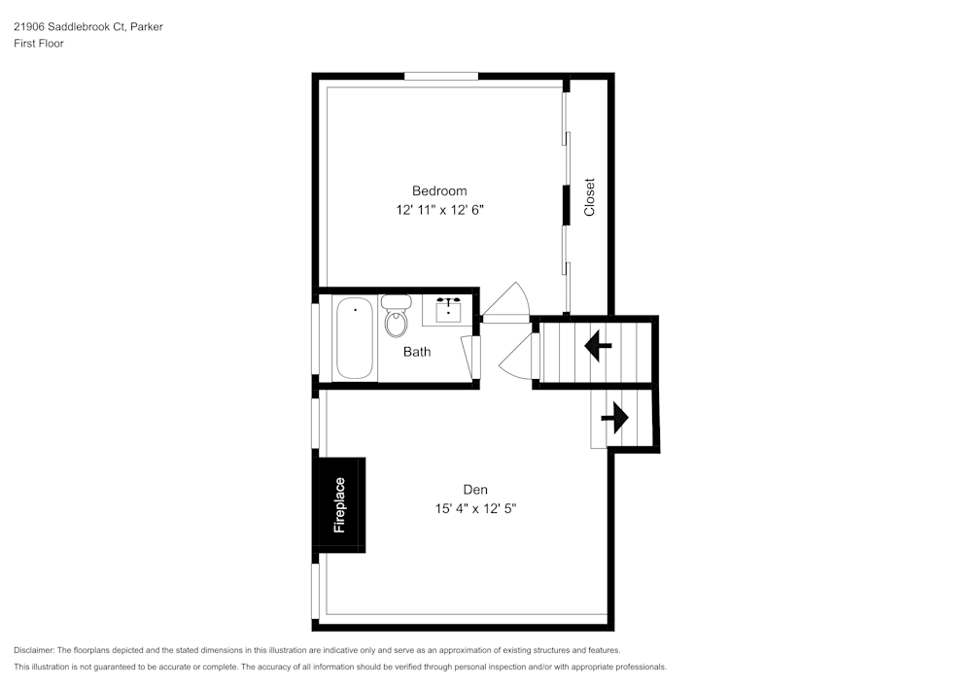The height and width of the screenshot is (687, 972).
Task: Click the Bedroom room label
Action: click(439, 190)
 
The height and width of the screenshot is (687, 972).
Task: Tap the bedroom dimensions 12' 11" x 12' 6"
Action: click(439, 210)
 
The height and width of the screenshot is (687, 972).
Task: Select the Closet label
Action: click(589, 197)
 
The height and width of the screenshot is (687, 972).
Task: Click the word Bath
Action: click(417, 352)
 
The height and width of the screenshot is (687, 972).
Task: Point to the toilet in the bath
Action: click(397, 316)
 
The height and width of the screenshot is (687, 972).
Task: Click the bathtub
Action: click(355, 337)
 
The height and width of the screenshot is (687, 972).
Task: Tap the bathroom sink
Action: click(448, 310)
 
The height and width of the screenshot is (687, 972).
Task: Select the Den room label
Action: click(475, 490)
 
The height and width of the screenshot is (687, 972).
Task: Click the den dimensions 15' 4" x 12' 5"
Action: click(475, 508)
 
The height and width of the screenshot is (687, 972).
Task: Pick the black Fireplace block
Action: click(339, 505)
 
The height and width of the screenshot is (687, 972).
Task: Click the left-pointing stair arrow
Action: click(598, 346)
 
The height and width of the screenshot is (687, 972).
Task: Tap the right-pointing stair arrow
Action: click(615, 418)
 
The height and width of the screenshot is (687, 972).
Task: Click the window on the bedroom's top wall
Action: click(441, 76)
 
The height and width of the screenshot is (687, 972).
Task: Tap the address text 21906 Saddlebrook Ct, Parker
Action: click(88, 26)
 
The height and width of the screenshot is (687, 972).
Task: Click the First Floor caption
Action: click(39, 44)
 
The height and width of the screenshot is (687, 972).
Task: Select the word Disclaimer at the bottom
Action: click(33, 650)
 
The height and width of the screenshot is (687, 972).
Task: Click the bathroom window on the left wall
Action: click(315, 338)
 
